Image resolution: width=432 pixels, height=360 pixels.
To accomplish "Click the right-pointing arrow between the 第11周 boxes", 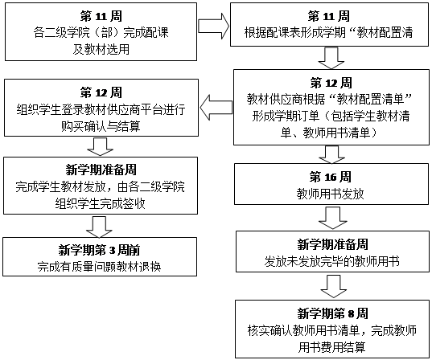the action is [x=213, y=27].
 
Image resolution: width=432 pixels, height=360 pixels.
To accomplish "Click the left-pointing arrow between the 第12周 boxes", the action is [x=216, y=108].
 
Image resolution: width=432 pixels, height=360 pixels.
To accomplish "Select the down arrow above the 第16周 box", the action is [x=331, y=154].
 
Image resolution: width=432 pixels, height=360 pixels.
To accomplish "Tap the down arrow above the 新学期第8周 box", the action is [x=333, y=287].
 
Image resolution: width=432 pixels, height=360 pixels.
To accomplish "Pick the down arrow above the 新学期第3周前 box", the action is [x=99, y=227].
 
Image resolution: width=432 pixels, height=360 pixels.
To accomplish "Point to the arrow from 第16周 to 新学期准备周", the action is [x=332, y=218].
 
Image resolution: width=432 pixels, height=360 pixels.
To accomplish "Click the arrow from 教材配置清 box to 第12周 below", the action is [x=331, y=58].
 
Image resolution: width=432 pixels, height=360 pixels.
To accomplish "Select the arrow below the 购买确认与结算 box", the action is [x=100, y=147].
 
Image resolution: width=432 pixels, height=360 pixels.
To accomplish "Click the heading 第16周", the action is [x=331, y=177].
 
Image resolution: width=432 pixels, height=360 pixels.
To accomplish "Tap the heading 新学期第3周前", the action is [x=99, y=250].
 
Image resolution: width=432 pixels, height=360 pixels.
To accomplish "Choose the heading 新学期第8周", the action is [x=332, y=313].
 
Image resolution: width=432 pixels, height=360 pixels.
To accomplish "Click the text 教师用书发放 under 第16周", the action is [x=331, y=194].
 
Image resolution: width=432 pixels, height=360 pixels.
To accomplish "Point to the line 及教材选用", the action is [x=101, y=50].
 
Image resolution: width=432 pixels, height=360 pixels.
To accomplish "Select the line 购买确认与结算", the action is [x=101, y=126].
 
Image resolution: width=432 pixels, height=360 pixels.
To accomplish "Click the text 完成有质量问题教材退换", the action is [x=99, y=267].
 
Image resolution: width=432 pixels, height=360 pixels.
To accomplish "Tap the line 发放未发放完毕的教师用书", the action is [x=332, y=261].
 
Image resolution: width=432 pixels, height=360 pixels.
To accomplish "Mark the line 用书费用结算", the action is [x=332, y=347].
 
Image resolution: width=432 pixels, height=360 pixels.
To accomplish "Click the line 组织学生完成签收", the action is [x=100, y=204].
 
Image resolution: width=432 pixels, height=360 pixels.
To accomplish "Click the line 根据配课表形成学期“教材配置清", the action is [x=329, y=33].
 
